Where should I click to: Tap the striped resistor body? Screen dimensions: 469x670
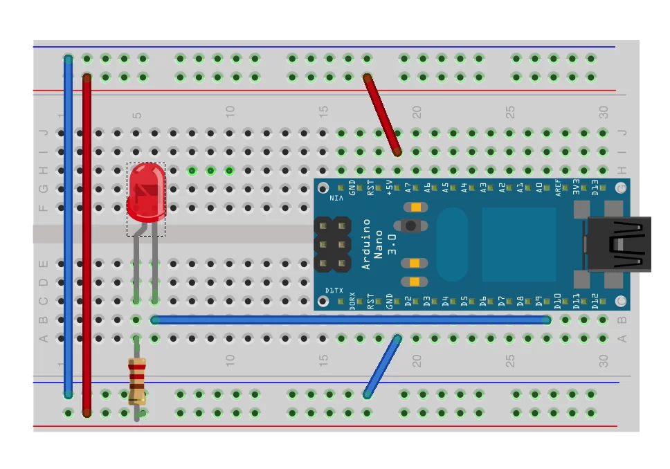[137, 380]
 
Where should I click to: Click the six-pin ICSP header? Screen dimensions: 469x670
[332, 244]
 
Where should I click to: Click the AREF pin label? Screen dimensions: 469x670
[558, 188]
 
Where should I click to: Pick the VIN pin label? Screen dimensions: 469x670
[336, 199]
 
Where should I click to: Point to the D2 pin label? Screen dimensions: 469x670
[408, 301]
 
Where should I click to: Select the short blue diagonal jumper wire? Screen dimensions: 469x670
[382, 367]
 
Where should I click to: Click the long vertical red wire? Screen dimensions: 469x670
[87, 246]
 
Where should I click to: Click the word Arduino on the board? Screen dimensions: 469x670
[367, 243]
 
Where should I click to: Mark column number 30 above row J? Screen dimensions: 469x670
[604, 111]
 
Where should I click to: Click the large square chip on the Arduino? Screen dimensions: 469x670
[519, 244]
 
